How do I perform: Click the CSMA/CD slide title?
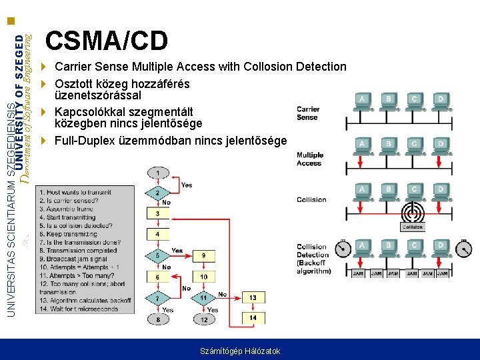click(x=107, y=41)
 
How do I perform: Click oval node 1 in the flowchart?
click(x=157, y=173)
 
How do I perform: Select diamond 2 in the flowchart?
click(x=157, y=193)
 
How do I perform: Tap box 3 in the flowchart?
click(x=157, y=213)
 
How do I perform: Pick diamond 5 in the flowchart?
click(x=157, y=255)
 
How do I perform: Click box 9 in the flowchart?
click(x=204, y=255)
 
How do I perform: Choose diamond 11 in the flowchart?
click(x=204, y=297)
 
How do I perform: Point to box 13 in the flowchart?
click(x=253, y=297)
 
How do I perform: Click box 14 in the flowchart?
click(x=253, y=318)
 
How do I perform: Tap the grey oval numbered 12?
click(x=204, y=320)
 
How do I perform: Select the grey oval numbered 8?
click(x=157, y=320)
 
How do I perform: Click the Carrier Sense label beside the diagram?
click(x=308, y=113)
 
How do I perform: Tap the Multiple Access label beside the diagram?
click(x=309, y=159)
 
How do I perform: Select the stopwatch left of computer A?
click(x=342, y=249)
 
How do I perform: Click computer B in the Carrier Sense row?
click(x=387, y=101)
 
